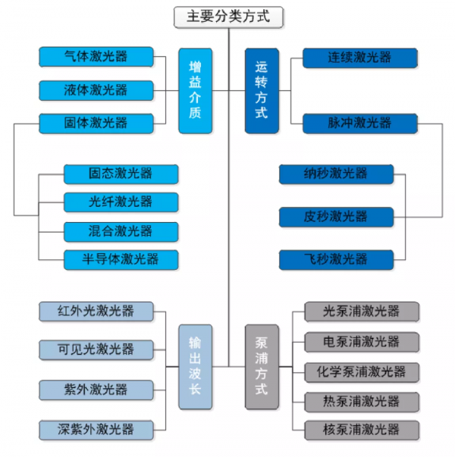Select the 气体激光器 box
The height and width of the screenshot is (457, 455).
click(96, 57)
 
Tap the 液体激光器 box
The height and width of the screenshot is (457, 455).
click(96, 89)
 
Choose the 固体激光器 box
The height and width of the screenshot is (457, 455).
click(96, 122)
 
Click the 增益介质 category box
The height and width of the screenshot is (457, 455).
click(196, 90)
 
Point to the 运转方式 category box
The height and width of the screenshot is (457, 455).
click(262, 90)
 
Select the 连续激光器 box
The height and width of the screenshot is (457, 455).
click(359, 57)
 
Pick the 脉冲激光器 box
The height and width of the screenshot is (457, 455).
click(359, 122)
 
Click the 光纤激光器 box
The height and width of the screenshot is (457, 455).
click(121, 202)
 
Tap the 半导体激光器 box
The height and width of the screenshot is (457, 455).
click(121, 259)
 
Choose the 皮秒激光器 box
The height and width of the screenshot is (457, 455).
click(336, 217)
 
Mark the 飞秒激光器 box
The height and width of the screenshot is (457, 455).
click(336, 259)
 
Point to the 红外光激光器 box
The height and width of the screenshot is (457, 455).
click(96, 311)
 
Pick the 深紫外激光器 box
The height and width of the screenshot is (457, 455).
click(96, 429)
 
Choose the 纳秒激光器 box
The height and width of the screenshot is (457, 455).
click(336, 174)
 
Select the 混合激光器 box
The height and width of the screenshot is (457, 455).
click(121, 230)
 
